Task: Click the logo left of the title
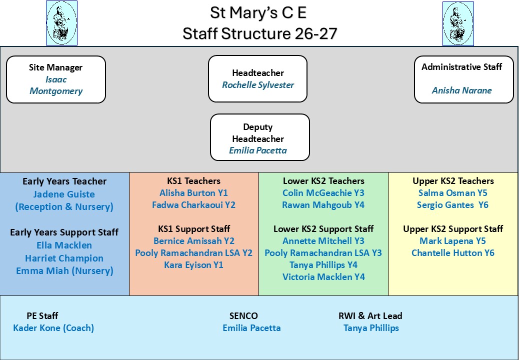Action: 61,23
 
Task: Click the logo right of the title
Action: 458,23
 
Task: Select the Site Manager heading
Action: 55,67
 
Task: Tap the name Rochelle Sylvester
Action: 258,85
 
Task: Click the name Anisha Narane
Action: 461,90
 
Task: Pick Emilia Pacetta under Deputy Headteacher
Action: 258,150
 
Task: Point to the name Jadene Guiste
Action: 64,194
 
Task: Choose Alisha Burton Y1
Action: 193,193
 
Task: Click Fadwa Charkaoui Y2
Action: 193,205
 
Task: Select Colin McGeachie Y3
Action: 323,193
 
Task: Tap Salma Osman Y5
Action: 452,193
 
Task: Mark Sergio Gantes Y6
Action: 452,205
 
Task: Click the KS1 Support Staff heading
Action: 194,229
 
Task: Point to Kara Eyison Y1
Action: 193,265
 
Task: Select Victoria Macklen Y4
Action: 323,277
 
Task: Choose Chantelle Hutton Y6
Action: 453,253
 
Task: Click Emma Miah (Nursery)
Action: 64,271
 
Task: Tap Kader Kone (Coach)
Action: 53,328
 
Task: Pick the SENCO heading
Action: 243,316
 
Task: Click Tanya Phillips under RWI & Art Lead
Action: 371,328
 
